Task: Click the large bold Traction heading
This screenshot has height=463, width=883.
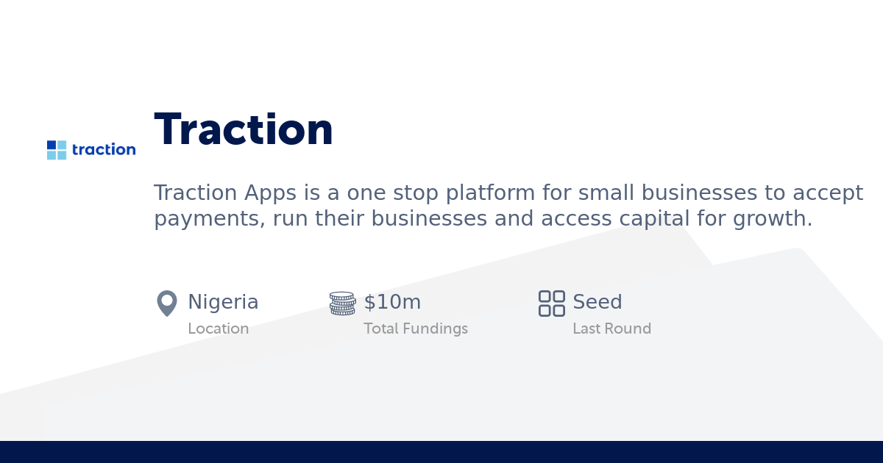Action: (x=244, y=130)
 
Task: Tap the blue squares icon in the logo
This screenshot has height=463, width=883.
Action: (x=57, y=150)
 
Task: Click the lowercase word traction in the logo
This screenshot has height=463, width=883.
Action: (x=104, y=150)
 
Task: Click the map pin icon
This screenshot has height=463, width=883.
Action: (x=167, y=303)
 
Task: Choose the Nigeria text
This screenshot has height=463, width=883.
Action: (x=223, y=302)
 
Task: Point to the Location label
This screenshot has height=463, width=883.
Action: (x=218, y=329)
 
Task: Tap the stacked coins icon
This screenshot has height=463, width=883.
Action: (x=342, y=304)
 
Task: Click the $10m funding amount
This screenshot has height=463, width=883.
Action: (x=392, y=302)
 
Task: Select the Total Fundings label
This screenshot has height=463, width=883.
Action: (x=416, y=329)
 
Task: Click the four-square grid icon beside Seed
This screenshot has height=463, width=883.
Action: (x=551, y=303)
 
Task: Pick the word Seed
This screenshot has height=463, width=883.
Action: (x=597, y=302)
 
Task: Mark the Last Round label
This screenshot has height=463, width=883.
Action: (x=611, y=329)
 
